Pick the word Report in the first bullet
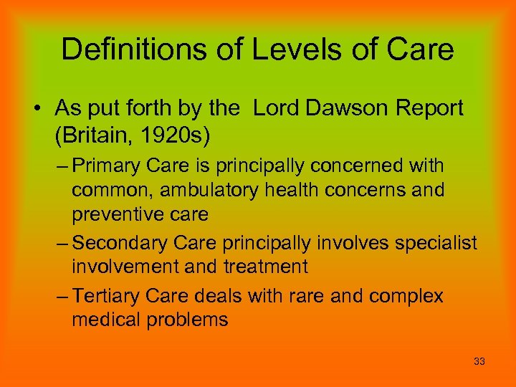coord(429,109)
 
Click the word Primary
coord(106,166)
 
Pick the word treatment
coord(266,267)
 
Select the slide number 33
coord(479,362)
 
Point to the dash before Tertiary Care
coord(60,295)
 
